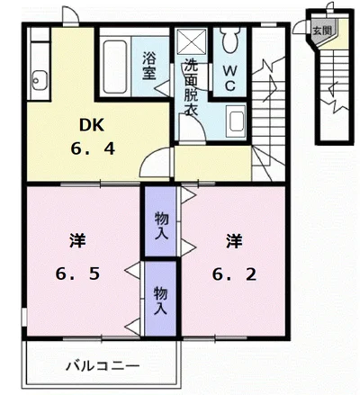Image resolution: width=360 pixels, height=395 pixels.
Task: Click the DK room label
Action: click(92, 125)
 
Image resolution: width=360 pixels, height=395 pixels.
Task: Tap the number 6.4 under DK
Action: click(93, 148)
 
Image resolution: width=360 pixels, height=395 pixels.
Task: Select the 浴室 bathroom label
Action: click(149, 66)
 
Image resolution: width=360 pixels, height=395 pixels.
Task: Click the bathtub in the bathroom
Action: click(115, 67)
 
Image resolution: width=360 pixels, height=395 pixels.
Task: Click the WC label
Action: click(229, 78)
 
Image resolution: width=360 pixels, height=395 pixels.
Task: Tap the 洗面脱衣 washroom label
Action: click(191, 86)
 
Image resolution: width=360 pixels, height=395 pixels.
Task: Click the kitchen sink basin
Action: click(40, 80)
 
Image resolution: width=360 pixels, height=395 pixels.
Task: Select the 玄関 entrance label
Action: click(322, 31)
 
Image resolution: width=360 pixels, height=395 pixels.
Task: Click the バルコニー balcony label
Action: click(103, 366)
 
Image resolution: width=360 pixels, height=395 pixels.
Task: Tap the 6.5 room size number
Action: click(77, 274)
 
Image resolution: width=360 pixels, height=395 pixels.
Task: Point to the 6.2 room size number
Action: click(234, 274)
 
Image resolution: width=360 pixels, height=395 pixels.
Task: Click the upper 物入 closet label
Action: click(161, 226)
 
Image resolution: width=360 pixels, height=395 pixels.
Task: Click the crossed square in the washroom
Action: click(192, 42)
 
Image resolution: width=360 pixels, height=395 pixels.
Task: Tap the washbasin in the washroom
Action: click(236, 122)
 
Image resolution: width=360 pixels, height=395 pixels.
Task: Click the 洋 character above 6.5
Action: click(77, 241)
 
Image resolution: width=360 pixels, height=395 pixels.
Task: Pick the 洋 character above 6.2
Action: click(234, 241)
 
